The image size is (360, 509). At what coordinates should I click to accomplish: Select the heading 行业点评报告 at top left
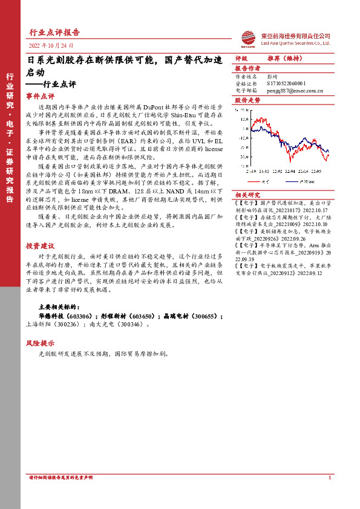54,32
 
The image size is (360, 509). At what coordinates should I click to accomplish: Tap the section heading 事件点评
40,96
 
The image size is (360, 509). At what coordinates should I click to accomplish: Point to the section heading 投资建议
40,246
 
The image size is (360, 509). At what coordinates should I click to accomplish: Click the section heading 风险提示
40,343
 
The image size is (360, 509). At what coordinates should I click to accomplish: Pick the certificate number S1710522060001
288,84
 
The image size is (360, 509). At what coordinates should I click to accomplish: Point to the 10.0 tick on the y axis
243,119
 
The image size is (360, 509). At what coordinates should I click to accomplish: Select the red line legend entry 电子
263,181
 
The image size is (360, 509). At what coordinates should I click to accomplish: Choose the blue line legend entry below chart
306,181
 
